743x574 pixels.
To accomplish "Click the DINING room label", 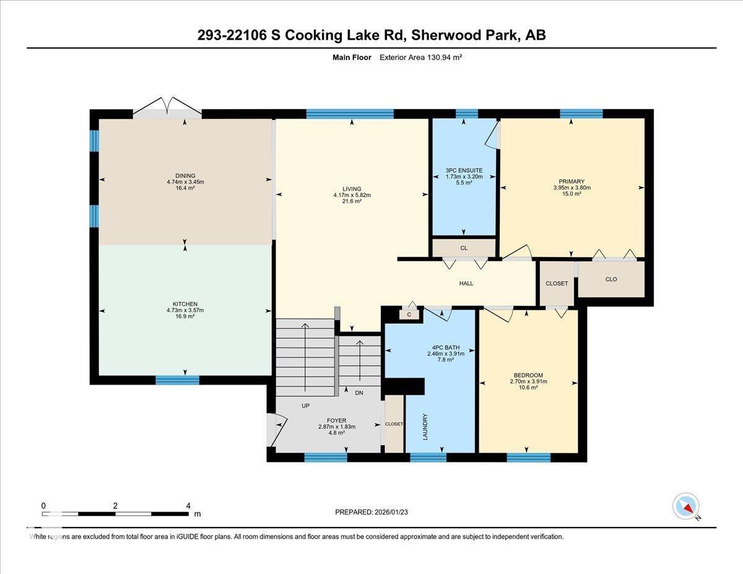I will coord(185,175).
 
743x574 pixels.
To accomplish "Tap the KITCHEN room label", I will coord(185,303).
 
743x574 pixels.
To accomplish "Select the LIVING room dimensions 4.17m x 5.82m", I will coord(352,195).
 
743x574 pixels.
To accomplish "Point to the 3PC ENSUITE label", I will coord(464,170).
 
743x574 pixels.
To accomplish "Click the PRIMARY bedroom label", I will coord(571,181).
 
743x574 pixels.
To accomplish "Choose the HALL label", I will coord(466,284).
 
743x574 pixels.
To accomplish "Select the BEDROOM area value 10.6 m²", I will coord(528,389).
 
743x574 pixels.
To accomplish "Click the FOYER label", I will coord(336,420).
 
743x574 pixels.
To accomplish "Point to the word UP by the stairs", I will coord(305,406).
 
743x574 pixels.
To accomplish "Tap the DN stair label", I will coord(359,393).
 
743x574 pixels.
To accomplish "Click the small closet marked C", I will coord(409,315).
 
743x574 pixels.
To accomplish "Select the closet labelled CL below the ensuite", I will coord(464,248).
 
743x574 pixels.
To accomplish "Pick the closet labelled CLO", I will coord(611,279).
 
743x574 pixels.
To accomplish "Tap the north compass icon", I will coord(686,506).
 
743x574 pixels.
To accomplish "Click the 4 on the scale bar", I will coord(188,505).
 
